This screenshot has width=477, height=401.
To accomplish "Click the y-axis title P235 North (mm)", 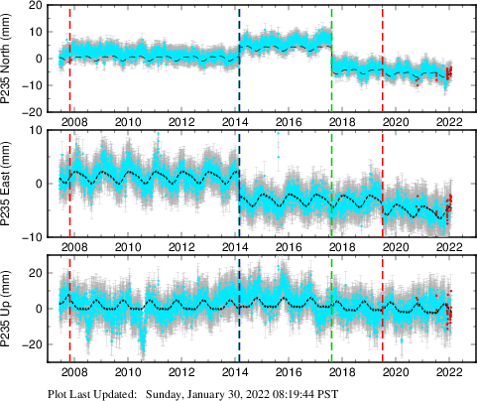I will (11, 58).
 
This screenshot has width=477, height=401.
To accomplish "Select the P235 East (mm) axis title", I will (11, 183).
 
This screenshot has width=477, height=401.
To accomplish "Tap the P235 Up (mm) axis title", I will (11, 308).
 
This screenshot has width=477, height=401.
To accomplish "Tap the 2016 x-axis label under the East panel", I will (288, 247).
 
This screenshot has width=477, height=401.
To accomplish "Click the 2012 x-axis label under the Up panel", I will (181, 372).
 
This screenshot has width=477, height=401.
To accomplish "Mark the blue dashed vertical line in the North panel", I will (239, 58).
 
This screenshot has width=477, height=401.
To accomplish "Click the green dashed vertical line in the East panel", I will (331, 183).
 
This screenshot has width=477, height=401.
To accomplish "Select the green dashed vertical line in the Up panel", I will (331, 308).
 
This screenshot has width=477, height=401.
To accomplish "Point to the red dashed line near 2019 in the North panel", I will (383, 58).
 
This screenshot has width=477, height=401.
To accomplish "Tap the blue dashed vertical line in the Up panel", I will (239, 308).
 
